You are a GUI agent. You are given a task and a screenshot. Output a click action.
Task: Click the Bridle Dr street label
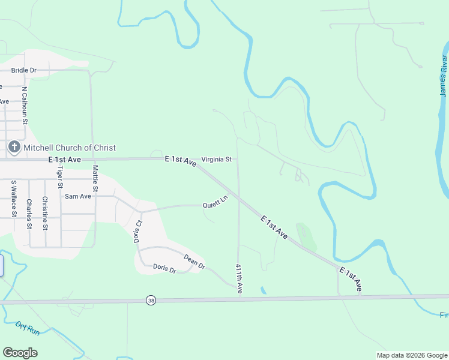tap(23, 70)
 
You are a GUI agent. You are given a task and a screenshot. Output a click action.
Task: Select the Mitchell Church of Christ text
tap(70, 148)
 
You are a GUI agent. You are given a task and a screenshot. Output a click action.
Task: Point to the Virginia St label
tap(217, 160)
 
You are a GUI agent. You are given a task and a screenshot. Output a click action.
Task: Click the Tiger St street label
tap(60, 178)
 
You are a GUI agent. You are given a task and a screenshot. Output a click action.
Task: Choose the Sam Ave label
tap(77, 196)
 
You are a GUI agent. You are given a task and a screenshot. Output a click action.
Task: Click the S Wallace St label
tap(13, 197)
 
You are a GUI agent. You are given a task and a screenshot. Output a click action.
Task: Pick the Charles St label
tap(29, 214)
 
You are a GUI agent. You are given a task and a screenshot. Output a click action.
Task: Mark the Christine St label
tap(45, 213)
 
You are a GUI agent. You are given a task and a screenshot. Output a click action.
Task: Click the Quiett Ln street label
tap(215, 202)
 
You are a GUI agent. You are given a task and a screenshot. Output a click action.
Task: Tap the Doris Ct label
tap(138, 231)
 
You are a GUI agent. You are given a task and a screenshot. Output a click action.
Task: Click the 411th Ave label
tap(239, 278)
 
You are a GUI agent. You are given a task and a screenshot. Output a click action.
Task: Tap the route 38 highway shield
tap(151, 300)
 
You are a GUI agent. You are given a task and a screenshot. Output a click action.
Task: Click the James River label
tap(444, 76)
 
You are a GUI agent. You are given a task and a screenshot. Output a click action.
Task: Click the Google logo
tap(20, 352)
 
